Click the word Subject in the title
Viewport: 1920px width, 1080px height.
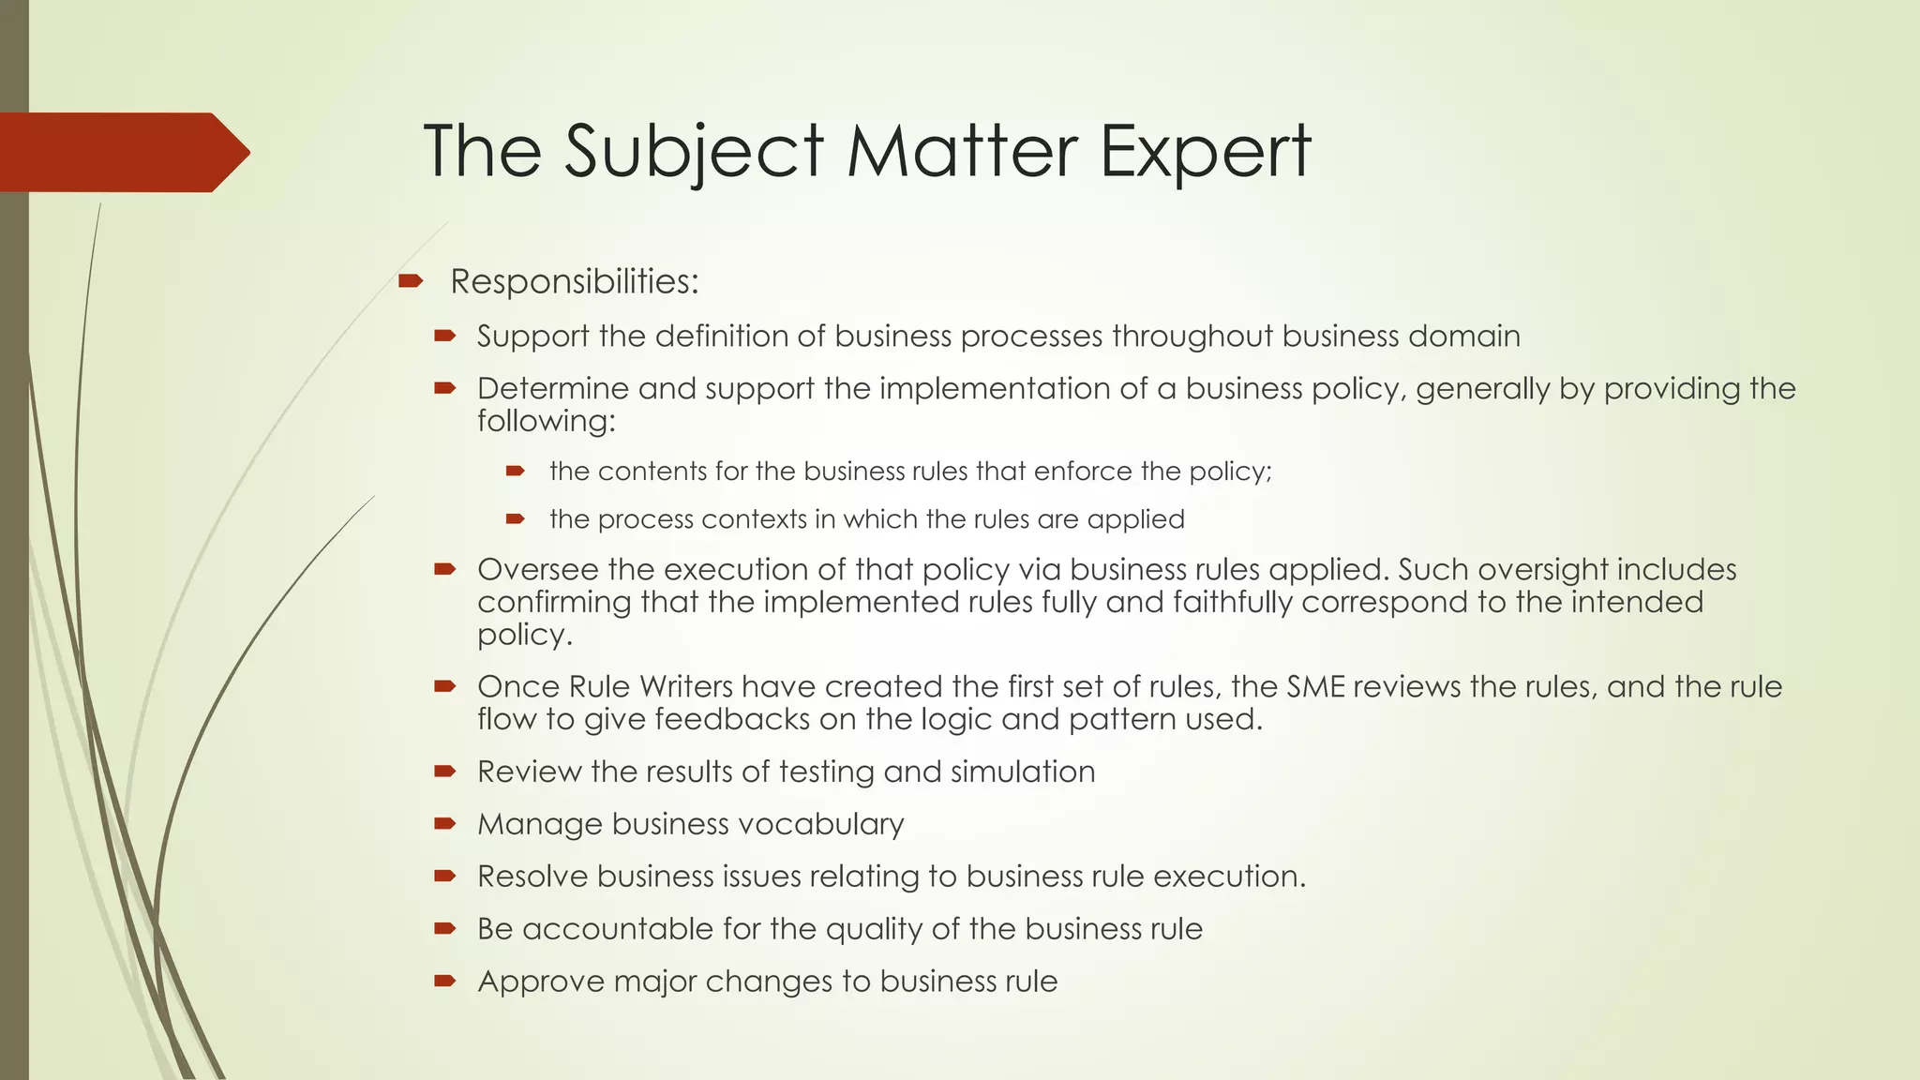click(x=694, y=152)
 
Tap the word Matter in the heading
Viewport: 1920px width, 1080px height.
click(x=962, y=152)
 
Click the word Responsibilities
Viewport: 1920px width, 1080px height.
click(x=574, y=281)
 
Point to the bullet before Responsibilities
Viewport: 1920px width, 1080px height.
click(x=411, y=280)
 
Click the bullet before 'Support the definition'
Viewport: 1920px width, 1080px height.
click(x=444, y=336)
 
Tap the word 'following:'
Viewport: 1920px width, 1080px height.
click(x=546, y=421)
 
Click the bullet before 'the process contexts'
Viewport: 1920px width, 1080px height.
click(x=515, y=518)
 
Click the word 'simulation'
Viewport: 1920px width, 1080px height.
click(x=1022, y=772)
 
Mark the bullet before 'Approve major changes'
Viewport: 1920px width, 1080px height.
click(x=444, y=982)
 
